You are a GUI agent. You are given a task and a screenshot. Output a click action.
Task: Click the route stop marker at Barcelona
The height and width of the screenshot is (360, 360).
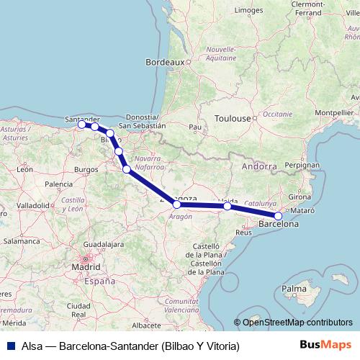tap(279, 215)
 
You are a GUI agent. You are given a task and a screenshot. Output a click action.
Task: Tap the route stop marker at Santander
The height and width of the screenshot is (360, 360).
tap(81, 125)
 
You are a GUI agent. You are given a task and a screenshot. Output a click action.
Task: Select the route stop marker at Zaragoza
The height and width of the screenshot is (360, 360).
tap(177, 204)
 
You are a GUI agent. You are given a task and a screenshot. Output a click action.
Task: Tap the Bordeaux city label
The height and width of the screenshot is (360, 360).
tap(165, 63)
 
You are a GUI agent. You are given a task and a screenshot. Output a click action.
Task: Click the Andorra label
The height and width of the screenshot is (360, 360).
tap(260, 166)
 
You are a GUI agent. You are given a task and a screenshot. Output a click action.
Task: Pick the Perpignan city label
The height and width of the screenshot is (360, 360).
tap(302, 165)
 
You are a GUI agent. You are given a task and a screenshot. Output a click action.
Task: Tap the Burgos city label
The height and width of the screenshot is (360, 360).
tap(86, 169)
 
